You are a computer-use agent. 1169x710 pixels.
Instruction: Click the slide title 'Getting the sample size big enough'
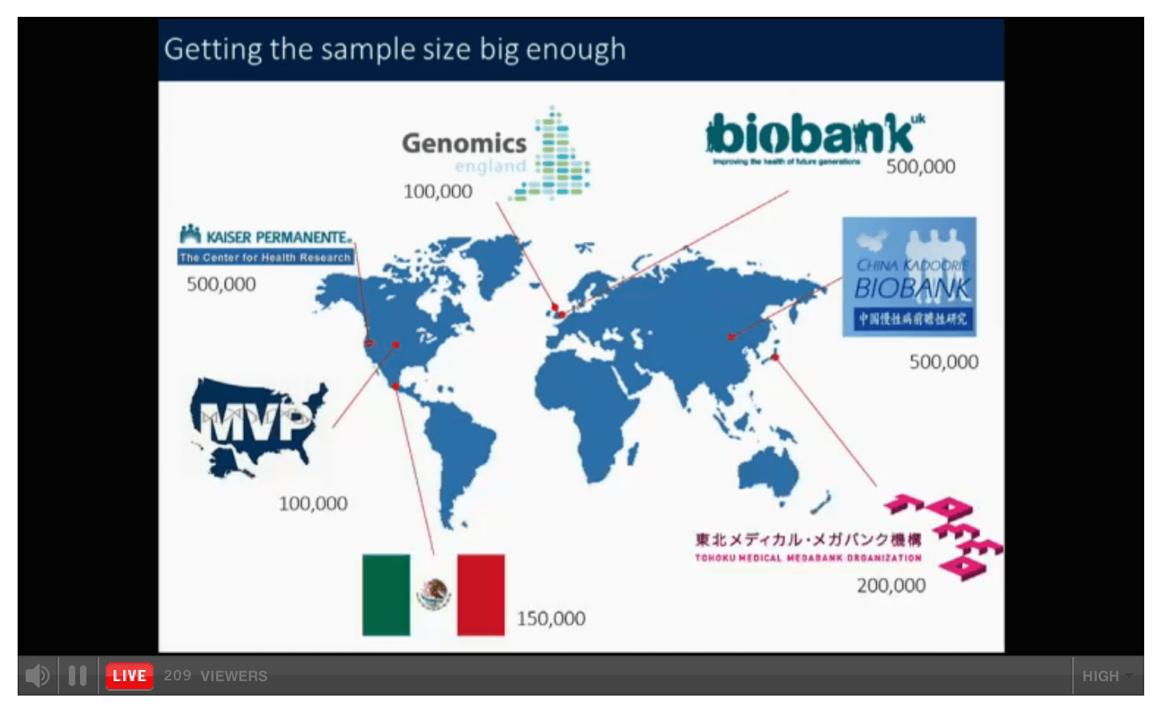pyautogui.click(x=394, y=50)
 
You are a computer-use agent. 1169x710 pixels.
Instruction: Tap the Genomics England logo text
pyautogui.click(x=464, y=144)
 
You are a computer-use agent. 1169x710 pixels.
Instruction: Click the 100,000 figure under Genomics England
pyautogui.click(x=438, y=191)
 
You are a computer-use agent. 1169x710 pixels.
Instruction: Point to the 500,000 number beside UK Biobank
pyautogui.click(x=920, y=166)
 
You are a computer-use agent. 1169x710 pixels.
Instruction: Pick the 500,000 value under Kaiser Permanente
pyautogui.click(x=221, y=284)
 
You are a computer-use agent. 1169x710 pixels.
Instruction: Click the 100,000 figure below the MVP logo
pyautogui.click(x=313, y=503)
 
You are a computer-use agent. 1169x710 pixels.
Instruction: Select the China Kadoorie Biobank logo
pyautogui.click(x=909, y=276)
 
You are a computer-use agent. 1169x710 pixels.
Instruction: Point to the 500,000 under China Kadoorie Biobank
pyautogui.click(x=943, y=362)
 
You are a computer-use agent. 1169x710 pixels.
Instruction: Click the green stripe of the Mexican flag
pyautogui.click(x=386, y=595)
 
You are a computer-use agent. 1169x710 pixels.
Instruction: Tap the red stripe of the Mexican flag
pyautogui.click(x=480, y=595)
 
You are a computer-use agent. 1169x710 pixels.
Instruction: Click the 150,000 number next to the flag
pyautogui.click(x=550, y=619)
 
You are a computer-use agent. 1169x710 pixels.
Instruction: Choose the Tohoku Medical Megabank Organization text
pyautogui.click(x=808, y=548)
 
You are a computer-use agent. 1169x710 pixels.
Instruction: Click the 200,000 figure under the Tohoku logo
pyautogui.click(x=891, y=586)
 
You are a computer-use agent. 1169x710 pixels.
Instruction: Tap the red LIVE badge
pyautogui.click(x=129, y=676)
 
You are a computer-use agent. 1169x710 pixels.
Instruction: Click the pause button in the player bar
pyautogui.click(x=78, y=676)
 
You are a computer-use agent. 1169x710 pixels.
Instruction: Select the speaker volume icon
pyautogui.click(x=37, y=676)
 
